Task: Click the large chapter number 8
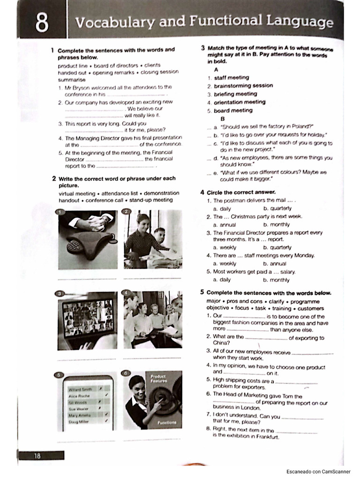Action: [42, 23]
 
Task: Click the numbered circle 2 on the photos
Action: [126, 212]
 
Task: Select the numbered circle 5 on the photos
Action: [59, 375]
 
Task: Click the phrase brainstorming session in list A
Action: [243, 86]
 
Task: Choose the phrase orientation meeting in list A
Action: [240, 102]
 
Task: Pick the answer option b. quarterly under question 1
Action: [277, 208]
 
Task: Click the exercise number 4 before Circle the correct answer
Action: [202, 192]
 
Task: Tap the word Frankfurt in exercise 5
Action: [266, 437]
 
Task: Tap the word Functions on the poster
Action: [166, 422]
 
